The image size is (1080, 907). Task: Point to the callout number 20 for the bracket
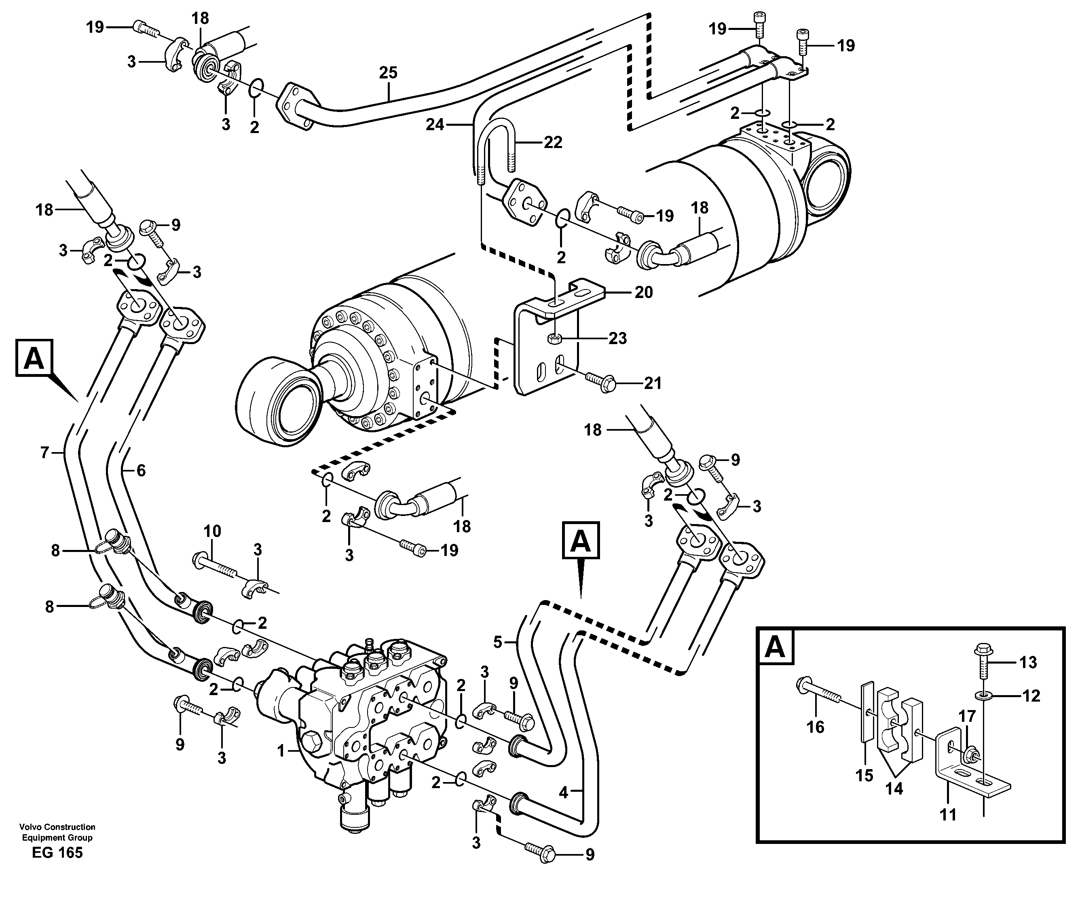pyautogui.click(x=643, y=292)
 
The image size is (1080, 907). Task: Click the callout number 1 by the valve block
pyautogui.click(x=281, y=752)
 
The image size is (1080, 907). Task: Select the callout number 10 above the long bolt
pyautogui.click(x=212, y=531)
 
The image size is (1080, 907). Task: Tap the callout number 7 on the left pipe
pyautogui.click(x=45, y=453)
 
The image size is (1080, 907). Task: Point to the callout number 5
pyautogui.click(x=497, y=642)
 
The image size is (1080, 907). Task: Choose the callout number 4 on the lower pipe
pyautogui.click(x=563, y=793)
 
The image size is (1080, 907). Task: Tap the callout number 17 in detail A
pyautogui.click(x=967, y=716)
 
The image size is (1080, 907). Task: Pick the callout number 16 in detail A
pyautogui.click(x=815, y=727)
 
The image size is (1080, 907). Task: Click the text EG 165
pyautogui.click(x=57, y=852)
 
